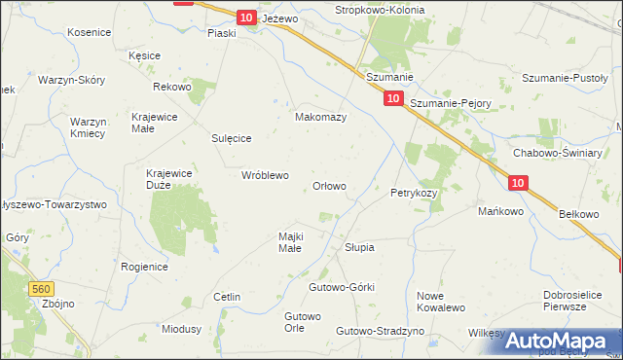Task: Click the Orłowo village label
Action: [328, 186]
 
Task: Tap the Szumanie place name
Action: [390, 77]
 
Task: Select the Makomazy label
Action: [321, 117]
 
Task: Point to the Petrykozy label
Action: [414, 193]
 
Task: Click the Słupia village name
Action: [359, 247]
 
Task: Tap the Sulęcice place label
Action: [233, 139]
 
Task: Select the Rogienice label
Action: [144, 267]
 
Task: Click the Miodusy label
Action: [181, 329]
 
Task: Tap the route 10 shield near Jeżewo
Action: [246, 18]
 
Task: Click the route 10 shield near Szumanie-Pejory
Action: [393, 98]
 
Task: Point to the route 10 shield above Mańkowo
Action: [518, 182]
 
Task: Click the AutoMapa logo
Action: [562, 340]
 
